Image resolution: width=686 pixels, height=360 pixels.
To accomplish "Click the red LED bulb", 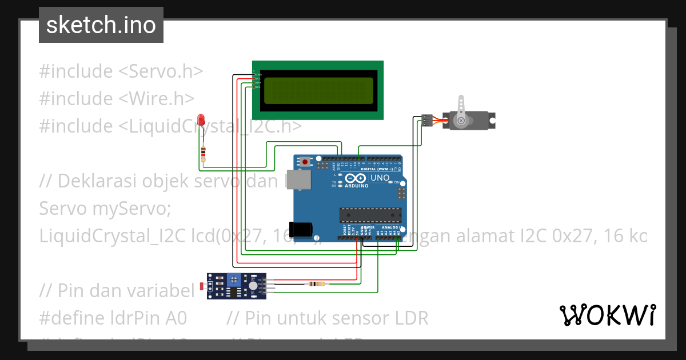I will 201,119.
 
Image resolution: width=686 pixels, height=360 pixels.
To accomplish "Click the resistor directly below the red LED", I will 203,153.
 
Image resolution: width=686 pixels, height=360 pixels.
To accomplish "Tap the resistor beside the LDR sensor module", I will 316,284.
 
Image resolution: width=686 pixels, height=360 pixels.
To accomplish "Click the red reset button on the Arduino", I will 305,162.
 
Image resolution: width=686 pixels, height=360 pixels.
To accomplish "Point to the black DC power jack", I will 301,229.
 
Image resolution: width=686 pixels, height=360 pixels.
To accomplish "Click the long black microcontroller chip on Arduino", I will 370,215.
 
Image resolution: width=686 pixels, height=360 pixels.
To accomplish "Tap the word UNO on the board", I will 380,178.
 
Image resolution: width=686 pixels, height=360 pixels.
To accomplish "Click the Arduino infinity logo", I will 357,178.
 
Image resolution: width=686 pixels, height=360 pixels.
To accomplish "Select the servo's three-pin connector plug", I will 426,120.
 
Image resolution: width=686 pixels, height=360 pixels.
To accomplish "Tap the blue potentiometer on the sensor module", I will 234,280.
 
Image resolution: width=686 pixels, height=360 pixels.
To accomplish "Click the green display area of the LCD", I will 318,90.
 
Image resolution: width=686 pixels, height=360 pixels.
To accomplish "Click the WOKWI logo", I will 607,315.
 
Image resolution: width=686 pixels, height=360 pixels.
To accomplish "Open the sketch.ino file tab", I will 101,25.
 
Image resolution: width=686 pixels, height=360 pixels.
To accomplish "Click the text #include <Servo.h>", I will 121,71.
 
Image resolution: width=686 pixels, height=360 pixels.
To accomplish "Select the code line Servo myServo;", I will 105,209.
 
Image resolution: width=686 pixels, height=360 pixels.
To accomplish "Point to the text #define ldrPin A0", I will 113,318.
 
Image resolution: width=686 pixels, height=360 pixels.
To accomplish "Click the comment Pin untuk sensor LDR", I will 328,318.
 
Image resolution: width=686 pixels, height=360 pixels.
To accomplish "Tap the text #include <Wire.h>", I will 117,99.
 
